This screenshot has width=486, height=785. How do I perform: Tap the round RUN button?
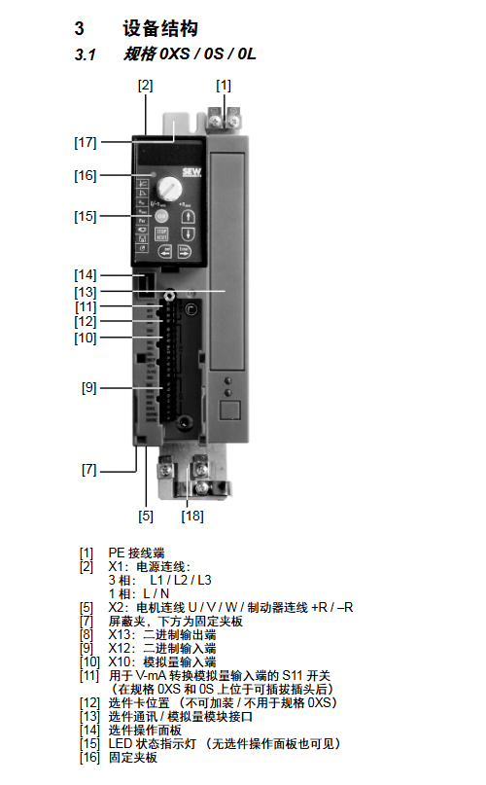161,216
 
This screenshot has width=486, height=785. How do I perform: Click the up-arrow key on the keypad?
188,216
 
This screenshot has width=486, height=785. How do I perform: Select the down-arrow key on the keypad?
188,233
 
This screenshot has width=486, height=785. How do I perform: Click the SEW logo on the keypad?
191,172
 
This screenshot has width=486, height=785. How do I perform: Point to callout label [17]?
86,143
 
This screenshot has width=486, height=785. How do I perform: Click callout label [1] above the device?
224,86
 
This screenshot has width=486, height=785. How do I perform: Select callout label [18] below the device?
192,516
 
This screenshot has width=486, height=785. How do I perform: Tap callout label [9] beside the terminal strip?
89,387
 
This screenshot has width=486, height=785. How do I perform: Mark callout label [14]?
86,275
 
